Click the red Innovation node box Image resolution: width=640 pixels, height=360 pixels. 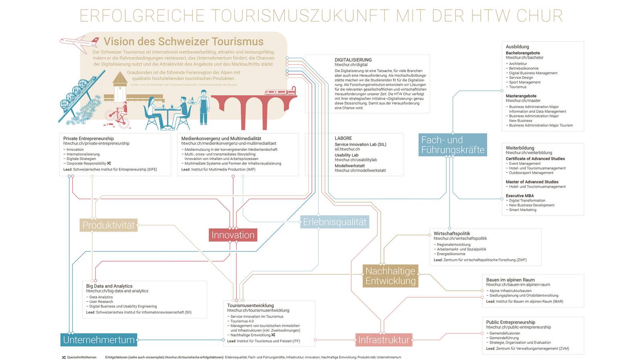tap(233, 235)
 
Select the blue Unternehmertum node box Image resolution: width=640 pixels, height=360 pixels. tap(99, 340)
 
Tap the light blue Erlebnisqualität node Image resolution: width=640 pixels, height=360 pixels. tap(334, 222)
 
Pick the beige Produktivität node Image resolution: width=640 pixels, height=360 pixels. tap(108, 225)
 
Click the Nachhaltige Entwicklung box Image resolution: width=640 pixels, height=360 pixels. tap(390, 276)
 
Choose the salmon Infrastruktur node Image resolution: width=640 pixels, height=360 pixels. tap(384, 340)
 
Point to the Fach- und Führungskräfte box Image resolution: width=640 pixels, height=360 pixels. tap(453, 145)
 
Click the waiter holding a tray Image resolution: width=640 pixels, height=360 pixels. tap(204, 106)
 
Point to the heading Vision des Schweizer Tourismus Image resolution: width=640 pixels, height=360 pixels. tap(184, 42)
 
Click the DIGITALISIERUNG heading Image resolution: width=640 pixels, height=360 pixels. tap(353, 60)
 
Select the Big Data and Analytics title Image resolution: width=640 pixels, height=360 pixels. tap(109, 286)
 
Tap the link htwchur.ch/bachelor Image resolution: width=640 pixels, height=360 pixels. tap(524, 58)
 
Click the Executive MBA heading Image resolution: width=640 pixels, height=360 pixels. tap(520, 196)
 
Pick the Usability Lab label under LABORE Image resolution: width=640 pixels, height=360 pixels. tap(346, 155)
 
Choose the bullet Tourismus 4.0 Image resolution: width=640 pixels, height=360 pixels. tap(242, 321)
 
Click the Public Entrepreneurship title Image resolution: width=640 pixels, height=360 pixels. tap(510, 322)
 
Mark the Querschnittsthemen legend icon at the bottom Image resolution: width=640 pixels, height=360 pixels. tap(64, 357)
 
